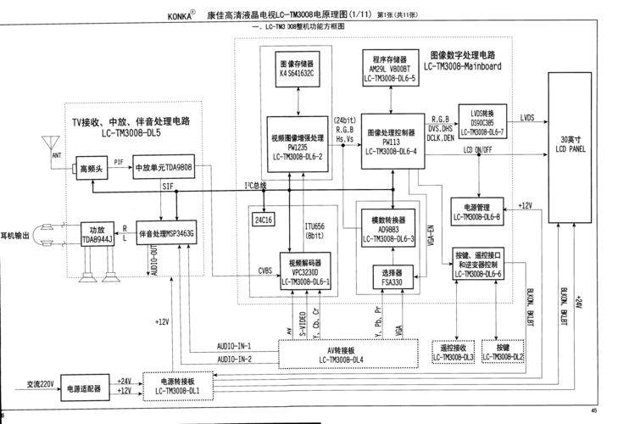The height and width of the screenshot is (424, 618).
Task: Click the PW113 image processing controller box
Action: (392, 142)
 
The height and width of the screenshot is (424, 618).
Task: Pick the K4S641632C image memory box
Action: (296, 69)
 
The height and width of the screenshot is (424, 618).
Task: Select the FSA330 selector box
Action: (391, 277)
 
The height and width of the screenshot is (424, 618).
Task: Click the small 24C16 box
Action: (263, 218)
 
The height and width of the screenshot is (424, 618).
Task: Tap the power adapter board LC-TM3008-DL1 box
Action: (178, 386)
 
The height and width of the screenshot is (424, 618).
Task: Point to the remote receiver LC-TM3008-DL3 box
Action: (453, 353)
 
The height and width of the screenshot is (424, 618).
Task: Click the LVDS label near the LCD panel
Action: (527, 118)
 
